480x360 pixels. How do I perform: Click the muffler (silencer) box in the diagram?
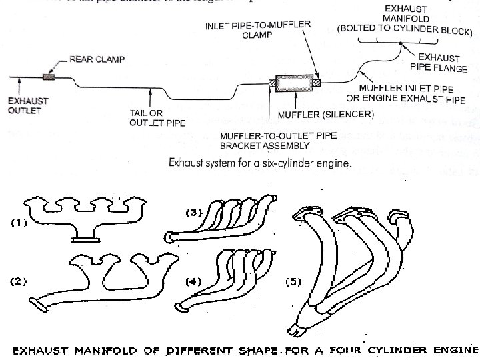295,85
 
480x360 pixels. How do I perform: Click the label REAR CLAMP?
97,60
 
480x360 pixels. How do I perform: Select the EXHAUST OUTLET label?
23,105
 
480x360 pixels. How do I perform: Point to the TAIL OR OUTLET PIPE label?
157,117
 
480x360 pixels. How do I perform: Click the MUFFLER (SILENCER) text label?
325,115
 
